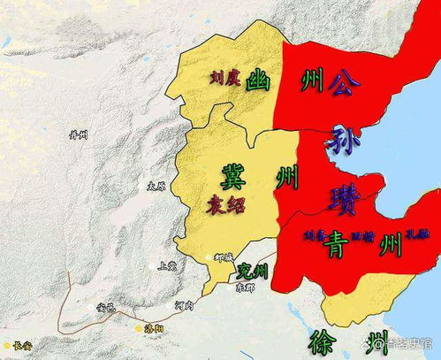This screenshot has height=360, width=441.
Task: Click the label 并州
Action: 79,134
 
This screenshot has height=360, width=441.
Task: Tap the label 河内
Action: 184,304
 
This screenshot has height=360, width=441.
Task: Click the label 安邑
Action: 104,307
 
